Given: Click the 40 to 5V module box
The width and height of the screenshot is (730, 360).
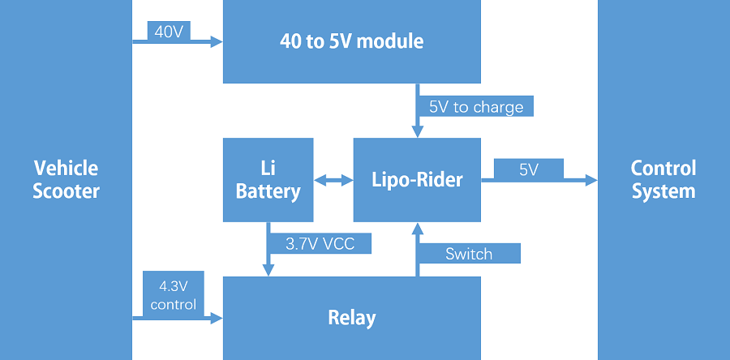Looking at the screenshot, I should click(x=351, y=41).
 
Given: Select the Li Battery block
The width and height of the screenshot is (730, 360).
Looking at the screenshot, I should click(x=268, y=180).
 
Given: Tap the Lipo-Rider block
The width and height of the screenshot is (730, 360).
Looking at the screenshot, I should click(x=417, y=180).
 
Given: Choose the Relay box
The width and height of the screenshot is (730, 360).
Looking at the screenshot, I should click(x=351, y=317).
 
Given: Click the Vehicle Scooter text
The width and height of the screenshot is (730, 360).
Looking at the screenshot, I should click(x=66, y=180).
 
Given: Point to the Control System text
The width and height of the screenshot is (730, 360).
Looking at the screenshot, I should click(x=663, y=180).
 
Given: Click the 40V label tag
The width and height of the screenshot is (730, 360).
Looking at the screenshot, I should click(x=169, y=31).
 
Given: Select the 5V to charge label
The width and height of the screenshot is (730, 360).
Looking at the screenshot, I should click(x=476, y=107).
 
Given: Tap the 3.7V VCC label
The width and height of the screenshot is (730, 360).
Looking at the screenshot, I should click(x=319, y=244).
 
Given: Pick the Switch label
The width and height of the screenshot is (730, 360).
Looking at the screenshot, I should click(x=468, y=254).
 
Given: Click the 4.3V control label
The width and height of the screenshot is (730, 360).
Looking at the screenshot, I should click(x=173, y=295).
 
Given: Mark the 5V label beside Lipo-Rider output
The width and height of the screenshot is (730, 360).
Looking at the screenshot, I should click(x=528, y=169).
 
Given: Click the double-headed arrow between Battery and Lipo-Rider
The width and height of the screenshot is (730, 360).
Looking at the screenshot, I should click(x=333, y=181).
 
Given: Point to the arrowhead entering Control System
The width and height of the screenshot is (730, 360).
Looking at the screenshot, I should click(x=590, y=181).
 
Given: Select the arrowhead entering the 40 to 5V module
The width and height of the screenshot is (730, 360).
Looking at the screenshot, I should click(x=217, y=42).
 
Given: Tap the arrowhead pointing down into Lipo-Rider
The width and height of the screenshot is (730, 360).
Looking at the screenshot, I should click(x=418, y=131).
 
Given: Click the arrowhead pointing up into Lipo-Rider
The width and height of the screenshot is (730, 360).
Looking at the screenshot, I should click(x=418, y=228).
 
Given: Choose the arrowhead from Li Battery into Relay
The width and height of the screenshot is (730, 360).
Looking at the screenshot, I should click(x=268, y=271).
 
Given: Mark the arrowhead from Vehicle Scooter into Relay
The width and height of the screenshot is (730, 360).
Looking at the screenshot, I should click(x=217, y=319).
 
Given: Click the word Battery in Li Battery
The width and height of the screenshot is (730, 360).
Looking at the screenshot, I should click(x=268, y=191).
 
